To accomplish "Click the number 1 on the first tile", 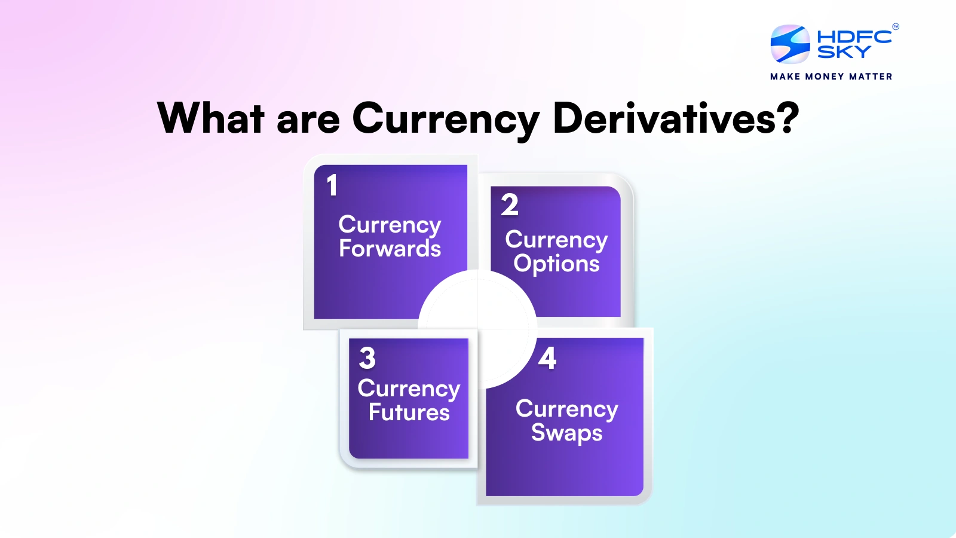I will pyautogui.click(x=332, y=185).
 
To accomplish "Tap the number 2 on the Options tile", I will pyautogui.click(x=510, y=205).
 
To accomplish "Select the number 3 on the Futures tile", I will pyautogui.click(x=367, y=358).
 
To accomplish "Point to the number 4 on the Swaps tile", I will pyautogui.click(x=547, y=358).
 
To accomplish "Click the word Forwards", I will pyautogui.click(x=390, y=249).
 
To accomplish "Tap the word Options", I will pyautogui.click(x=556, y=264).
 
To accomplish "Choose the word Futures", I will pyautogui.click(x=409, y=412).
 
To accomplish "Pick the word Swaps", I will pyautogui.click(x=566, y=432).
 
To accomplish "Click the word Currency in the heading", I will pyautogui.click(x=445, y=120).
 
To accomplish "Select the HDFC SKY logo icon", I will pyautogui.click(x=790, y=44).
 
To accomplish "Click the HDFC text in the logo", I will pyautogui.click(x=854, y=36).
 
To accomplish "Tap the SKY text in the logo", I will pyautogui.click(x=844, y=53).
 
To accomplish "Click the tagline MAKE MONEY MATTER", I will pyautogui.click(x=831, y=77).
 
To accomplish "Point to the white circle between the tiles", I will pyautogui.click(x=477, y=329).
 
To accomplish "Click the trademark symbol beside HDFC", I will pyautogui.click(x=895, y=26).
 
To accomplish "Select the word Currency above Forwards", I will pyautogui.click(x=390, y=225).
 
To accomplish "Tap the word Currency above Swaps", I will pyautogui.click(x=566, y=409).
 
